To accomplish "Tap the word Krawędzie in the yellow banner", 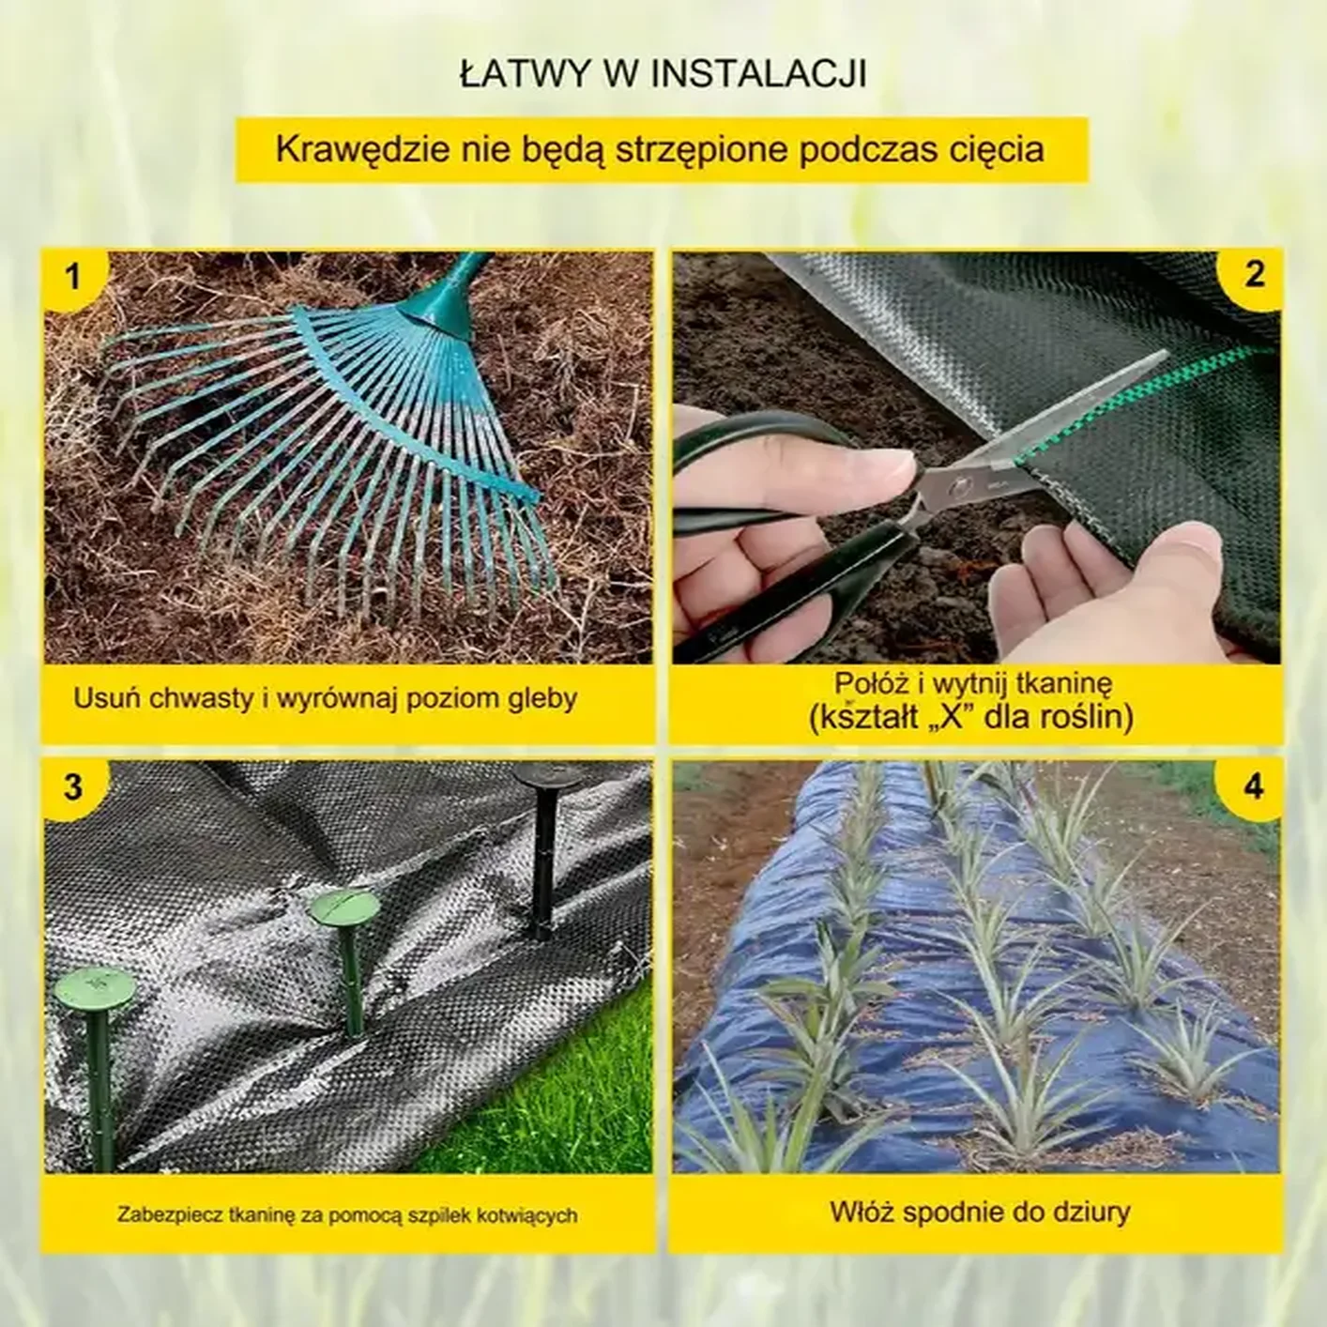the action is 358,150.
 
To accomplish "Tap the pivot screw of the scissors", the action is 959,488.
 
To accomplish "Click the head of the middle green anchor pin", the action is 343,909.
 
